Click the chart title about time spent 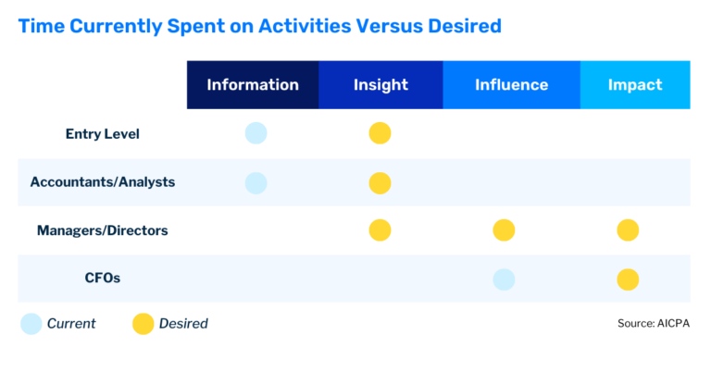point(259,26)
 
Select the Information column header point(253,85)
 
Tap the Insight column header point(380,85)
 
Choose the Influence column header point(511,85)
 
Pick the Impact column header point(635,85)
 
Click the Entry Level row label point(102,134)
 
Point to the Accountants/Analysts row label point(102,182)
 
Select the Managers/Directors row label point(102,230)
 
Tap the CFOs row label point(102,279)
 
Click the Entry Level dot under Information point(256,133)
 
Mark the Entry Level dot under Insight point(380,133)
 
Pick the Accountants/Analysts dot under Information point(256,183)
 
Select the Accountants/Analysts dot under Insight point(380,183)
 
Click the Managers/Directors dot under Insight point(380,230)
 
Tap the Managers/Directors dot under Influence point(504,230)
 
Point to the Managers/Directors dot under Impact point(628,230)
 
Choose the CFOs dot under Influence point(504,279)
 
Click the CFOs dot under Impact point(628,279)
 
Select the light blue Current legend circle point(31,324)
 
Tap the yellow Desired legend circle point(143,324)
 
